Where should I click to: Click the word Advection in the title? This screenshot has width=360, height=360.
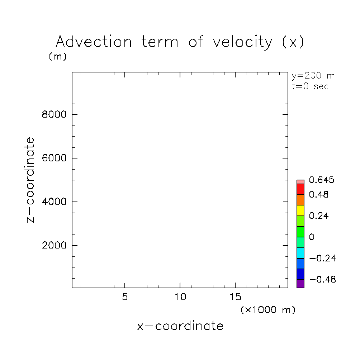pyautogui.click(x=94, y=42)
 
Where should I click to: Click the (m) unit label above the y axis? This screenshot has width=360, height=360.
pyautogui.click(x=58, y=57)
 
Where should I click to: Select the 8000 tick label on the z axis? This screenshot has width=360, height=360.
pyautogui.click(x=54, y=115)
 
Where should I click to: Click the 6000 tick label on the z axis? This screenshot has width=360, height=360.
pyautogui.click(x=54, y=158)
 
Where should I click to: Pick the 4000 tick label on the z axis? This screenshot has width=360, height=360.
pyautogui.click(x=54, y=202)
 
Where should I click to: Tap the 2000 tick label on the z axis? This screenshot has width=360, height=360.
pyautogui.click(x=54, y=246)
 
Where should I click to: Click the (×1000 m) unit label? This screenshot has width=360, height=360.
pyautogui.click(x=268, y=310)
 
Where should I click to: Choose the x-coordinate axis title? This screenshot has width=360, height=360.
pyautogui.click(x=180, y=326)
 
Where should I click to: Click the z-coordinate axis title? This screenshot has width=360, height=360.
pyautogui.click(x=31, y=180)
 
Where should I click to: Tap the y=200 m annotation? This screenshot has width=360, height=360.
pyautogui.click(x=313, y=76)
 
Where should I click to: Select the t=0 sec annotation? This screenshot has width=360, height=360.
pyautogui.click(x=311, y=86)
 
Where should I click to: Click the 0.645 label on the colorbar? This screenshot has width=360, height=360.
pyautogui.click(x=322, y=180)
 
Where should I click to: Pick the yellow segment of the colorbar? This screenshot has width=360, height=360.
pyautogui.click(x=300, y=210)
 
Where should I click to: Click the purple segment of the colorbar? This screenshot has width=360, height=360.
pyautogui.click(x=300, y=284)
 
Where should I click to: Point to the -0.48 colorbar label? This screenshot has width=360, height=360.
pyautogui.click(x=322, y=280)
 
